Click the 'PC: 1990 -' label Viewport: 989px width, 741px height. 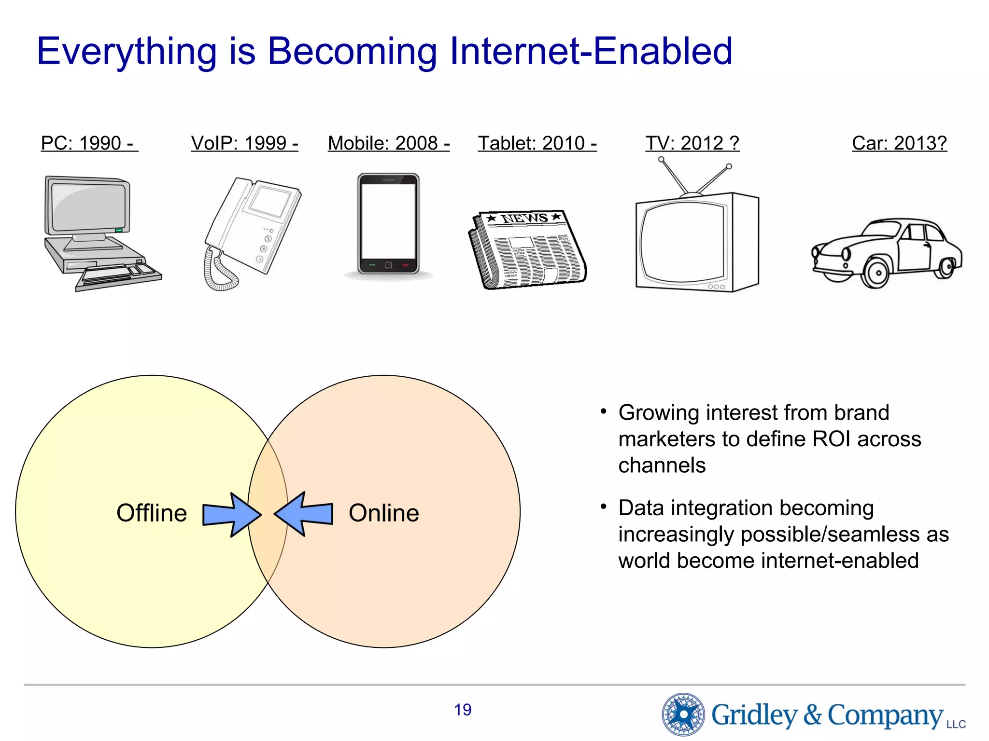[x=89, y=143]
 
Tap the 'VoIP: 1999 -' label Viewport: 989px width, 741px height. [x=244, y=143]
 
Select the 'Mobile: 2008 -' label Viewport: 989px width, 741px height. [x=389, y=143]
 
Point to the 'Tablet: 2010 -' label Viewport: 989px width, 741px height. [x=537, y=143]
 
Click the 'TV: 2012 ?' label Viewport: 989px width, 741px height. [x=692, y=143]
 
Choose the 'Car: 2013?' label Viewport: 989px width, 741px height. [x=899, y=143]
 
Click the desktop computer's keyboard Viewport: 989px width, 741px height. [x=118, y=275]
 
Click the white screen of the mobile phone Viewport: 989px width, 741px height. [x=388, y=220]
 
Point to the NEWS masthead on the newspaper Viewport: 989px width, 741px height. [x=524, y=219]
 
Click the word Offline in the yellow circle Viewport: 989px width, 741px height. [x=152, y=513]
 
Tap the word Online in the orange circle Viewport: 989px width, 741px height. [x=384, y=513]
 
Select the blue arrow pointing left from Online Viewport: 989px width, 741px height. [x=304, y=514]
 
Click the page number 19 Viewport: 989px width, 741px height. [x=463, y=710]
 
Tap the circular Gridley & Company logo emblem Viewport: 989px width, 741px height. [x=683, y=714]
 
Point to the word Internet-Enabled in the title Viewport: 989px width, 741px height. [x=591, y=51]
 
